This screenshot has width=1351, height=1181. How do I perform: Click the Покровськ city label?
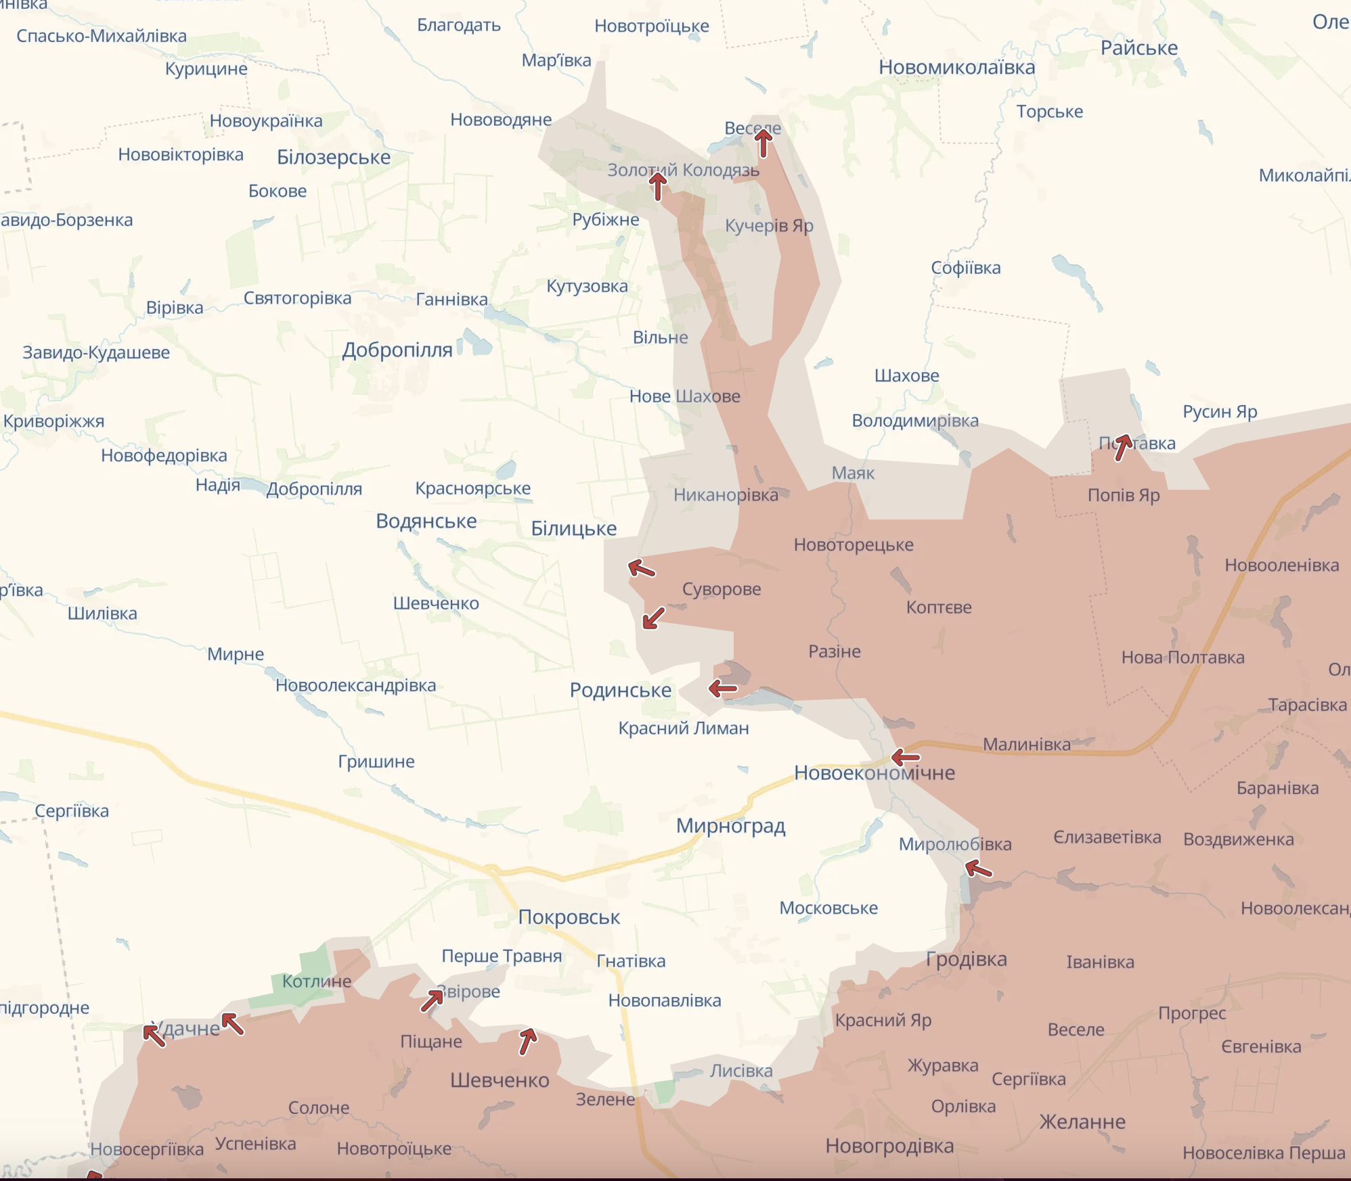point(569,917)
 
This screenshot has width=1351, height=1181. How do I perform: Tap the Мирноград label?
point(730,826)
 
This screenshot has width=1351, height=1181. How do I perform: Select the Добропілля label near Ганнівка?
point(397,350)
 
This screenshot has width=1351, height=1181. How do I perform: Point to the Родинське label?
point(620,690)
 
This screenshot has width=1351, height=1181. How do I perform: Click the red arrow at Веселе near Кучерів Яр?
point(763,143)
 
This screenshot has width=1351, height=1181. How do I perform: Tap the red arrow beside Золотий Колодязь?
point(657,185)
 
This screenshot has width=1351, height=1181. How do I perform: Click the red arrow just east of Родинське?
point(722,689)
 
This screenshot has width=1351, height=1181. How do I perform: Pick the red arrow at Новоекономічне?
point(905,757)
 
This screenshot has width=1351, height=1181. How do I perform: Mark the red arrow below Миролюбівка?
point(978,868)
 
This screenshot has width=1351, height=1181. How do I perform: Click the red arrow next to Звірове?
point(432,1000)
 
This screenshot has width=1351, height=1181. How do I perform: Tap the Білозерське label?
point(334,157)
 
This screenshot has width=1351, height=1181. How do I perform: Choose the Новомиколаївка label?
point(956,68)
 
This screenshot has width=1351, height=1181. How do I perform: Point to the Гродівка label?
point(966,959)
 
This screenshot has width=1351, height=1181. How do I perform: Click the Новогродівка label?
point(889,1146)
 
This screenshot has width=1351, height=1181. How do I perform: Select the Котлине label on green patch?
point(316,981)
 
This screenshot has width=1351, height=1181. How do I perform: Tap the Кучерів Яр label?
point(769,225)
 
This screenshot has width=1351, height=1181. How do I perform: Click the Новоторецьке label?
point(853,545)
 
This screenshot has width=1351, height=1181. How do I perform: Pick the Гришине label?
point(376,762)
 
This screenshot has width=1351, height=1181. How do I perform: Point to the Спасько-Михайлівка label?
point(102,36)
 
